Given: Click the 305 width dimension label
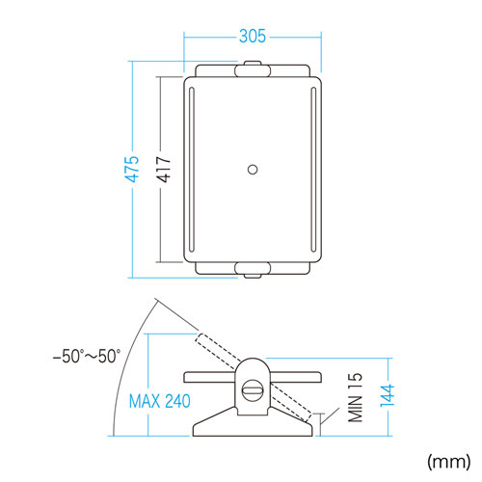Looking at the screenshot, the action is click(253, 36).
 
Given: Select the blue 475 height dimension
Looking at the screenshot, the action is click(132, 169).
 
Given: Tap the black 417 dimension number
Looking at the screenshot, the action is click(163, 170).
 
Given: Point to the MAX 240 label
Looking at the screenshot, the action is click(160, 401).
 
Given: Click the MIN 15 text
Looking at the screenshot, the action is click(355, 397).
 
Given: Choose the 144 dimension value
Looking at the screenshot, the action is click(388, 395).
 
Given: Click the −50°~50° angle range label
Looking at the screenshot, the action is click(87, 356).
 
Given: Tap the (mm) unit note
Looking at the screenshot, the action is click(449, 462).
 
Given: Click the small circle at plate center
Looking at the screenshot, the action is click(253, 170).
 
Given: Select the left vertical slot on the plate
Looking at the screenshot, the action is click(192, 170).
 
